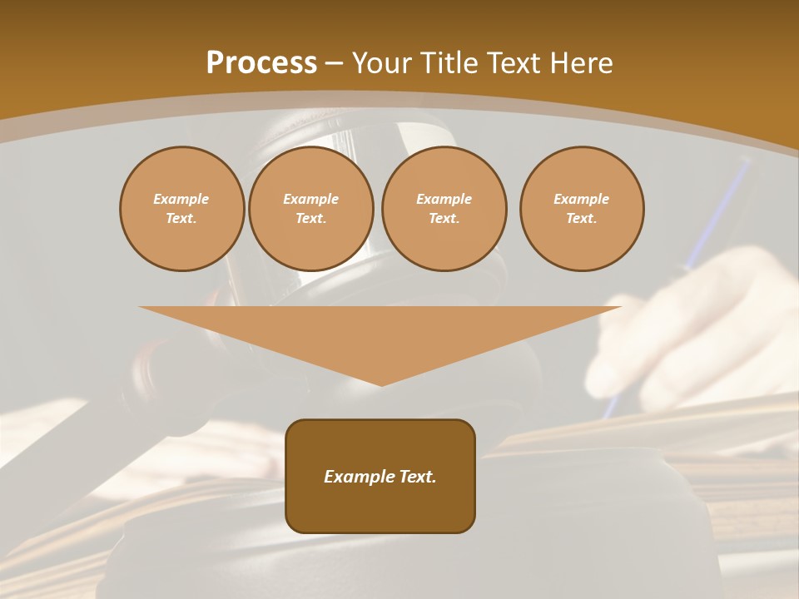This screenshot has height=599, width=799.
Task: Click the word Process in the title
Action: pos(261,63)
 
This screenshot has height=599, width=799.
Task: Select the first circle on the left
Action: pos(181,209)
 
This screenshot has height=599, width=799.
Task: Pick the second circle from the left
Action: pos(310,209)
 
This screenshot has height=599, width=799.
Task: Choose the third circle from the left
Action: pos(444,209)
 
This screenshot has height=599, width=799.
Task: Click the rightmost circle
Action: pos(582,209)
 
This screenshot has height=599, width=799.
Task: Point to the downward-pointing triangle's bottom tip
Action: pos(381,385)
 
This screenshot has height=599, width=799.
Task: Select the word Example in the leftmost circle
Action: pos(181,199)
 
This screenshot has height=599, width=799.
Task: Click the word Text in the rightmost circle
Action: pos(581,219)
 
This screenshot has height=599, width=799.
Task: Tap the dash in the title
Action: pos(335,63)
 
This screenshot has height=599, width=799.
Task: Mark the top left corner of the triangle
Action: pos(140,307)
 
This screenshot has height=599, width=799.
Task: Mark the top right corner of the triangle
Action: pos(620,307)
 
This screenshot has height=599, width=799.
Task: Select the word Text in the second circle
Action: pos(310,219)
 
